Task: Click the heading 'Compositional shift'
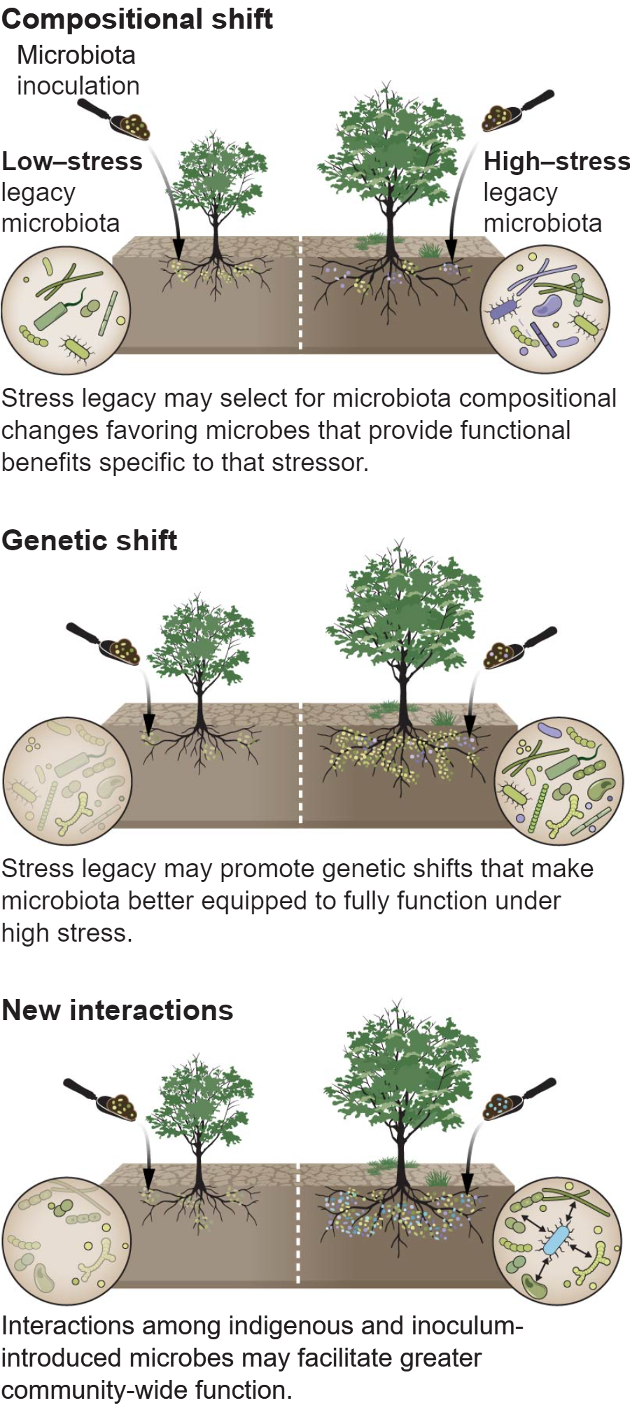click(137, 19)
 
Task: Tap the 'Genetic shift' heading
click(90, 540)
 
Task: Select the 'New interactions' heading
click(118, 1010)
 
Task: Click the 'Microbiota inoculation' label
click(78, 70)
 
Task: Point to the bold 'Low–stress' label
click(72, 162)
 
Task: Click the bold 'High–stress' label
click(556, 162)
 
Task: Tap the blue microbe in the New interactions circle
click(557, 1240)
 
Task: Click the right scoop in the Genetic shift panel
click(519, 648)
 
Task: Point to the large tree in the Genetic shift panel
click(402, 637)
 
